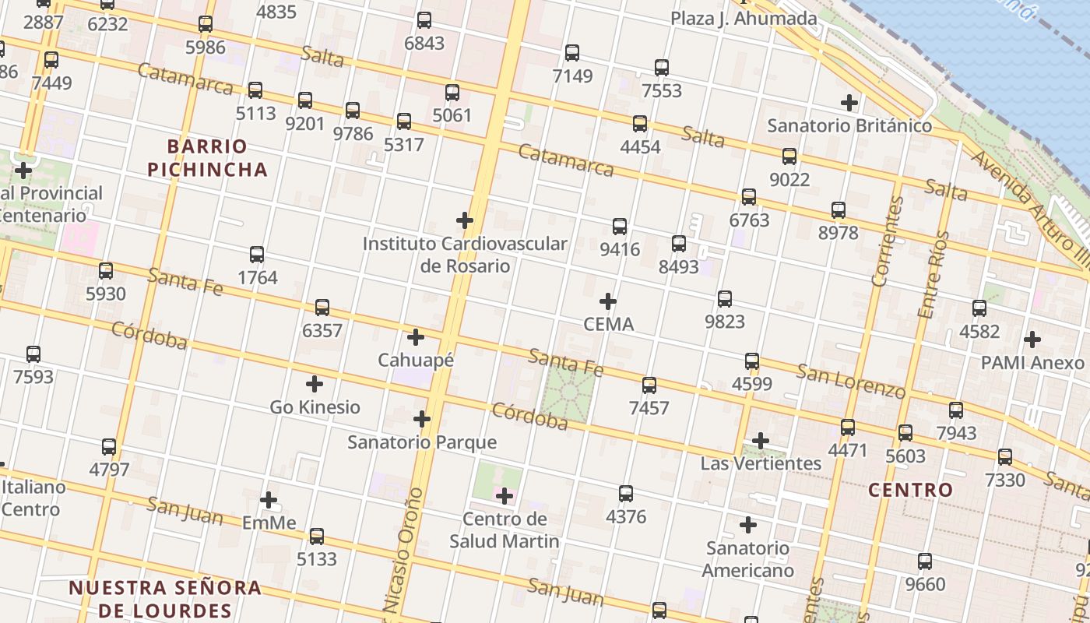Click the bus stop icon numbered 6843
(x=424, y=20)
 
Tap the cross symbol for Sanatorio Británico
(x=849, y=102)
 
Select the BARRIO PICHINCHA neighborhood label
(x=207, y=158)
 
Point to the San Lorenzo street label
(x=851, y=381)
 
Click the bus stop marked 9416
(x=620, y=227)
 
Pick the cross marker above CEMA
(x=608, y=301)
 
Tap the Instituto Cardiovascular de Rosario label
(x=465, y=255)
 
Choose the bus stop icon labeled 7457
(x=649, y=385)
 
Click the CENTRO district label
(x=910, y=490)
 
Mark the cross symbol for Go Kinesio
(x=315, y=384)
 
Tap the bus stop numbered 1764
(x=257, y=255)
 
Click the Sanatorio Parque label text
(x=421, y=442)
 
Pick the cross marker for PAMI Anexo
(x=1032, y=340)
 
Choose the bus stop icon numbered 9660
(x=925, y=561)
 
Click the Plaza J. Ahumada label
(x=744, y=18)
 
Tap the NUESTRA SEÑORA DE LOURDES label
(x=164, y=598)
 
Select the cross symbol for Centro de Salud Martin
(x=505, y=496)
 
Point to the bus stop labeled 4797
(x=109, y=447)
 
